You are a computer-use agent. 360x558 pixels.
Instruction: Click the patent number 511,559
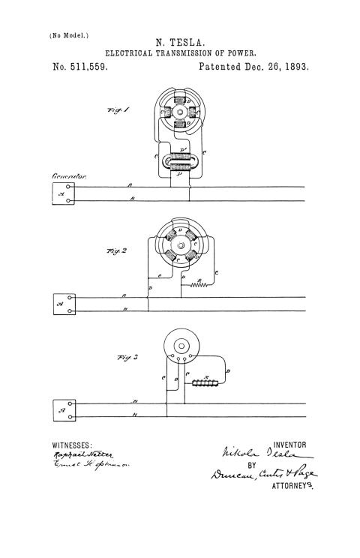pyautogui.click(x=79, y=67)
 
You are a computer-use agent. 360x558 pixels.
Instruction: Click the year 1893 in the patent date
pyautogui.click(x=295, y=67)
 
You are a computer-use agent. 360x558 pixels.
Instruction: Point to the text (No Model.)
pyautogui.click(x=69, y=35)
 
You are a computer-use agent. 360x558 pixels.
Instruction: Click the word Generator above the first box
pyautogui.click(x=70, y=177)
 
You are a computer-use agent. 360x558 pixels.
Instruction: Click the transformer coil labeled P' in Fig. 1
pyautogui.click(x=181, y=160)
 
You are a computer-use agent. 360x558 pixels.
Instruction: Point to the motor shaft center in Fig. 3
pyautogui.click(x=181, y=346)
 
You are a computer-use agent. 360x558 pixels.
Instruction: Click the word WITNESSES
pyautogui.click(x=71, y=445)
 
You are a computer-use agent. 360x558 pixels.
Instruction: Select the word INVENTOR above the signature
pyautogui.click(x=290, y=445)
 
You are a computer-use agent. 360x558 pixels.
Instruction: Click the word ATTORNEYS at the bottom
pyautogui.click(x=291, y=485)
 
